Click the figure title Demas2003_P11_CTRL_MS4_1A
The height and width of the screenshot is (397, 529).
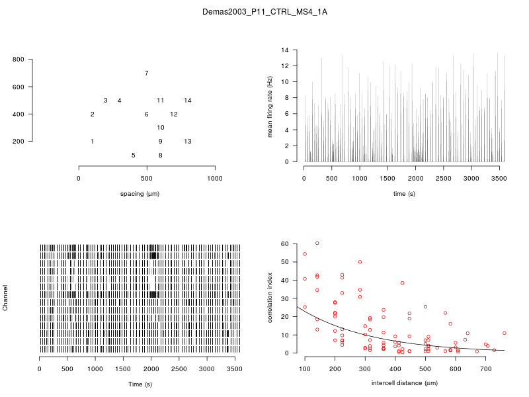(x=264, y=12)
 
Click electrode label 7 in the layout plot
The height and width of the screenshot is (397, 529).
(x=146, y=73)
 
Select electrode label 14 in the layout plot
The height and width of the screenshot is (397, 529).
(x=188, y=101)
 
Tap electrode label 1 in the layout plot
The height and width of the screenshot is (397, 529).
(x=92, y=142)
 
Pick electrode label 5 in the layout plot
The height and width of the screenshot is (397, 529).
(x=133, y=155)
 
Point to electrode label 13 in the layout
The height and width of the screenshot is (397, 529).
(x=188, y=142)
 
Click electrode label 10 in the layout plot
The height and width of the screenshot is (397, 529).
(x=161, y=128)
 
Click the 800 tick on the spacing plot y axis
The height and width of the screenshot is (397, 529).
(x=19, y=60)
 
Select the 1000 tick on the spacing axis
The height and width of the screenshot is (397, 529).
(x=215, y=178)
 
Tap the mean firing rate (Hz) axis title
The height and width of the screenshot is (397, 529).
(x=270, y=106)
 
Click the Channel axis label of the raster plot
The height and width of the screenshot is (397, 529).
(x=6, y=298)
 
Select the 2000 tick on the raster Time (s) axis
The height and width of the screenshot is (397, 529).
(x=151, y=369)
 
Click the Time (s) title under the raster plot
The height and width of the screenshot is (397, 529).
(x=140, y=384)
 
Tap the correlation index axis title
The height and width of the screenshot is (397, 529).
(x=270, y=298)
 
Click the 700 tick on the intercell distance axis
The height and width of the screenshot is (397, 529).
(x=486, y=369)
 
